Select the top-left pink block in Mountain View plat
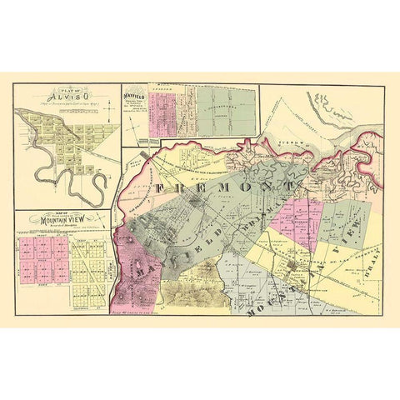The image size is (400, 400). pos(28,247)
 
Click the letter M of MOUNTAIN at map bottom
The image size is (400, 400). pos(249,314)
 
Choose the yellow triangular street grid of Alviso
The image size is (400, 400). pos(79,142)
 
